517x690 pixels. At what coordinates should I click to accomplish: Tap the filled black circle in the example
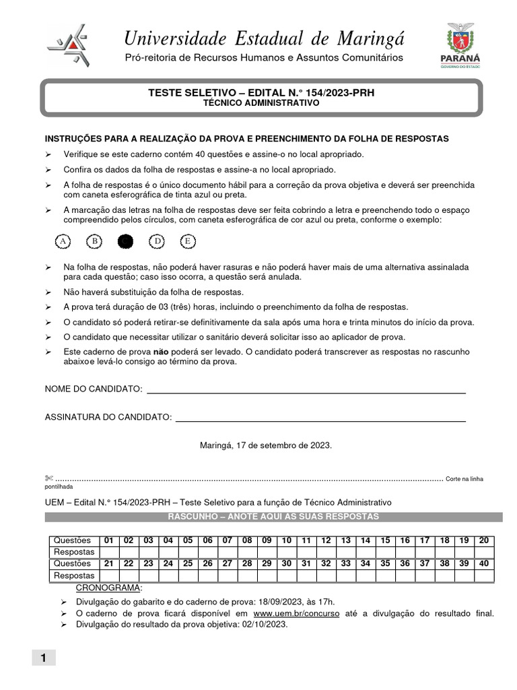click(125, 241)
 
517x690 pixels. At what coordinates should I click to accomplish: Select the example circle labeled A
click(63, 241)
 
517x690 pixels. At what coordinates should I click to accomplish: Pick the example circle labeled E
click(188, 241)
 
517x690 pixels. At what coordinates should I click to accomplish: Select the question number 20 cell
click(484, 540)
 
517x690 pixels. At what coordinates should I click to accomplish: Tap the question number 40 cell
click(484, 564)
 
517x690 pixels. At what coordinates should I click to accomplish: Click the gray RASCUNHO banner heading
click(273, 517)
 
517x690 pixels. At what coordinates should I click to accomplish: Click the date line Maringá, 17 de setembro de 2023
click(265, 446)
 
